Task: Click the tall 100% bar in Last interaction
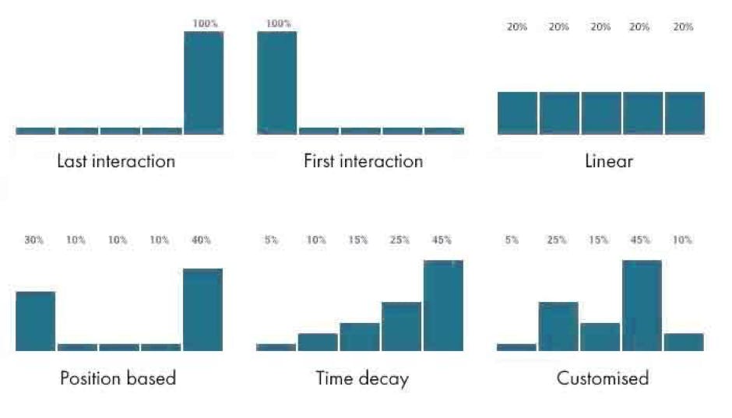(x=203, y=83)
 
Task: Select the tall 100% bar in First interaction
(x=277, y=83)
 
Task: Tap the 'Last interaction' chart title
(x=116, y=162)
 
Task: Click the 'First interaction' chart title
(x=363, y=162)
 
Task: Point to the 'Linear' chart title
(x=608, y=162)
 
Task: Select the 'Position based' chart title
(x=118, y=378)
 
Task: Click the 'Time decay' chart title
(x=362, y=378)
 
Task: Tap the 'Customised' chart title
(x=602, y=378)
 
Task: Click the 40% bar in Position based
(x=202, y=309)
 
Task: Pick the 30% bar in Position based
(x=36, y=321)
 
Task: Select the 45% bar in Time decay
(x=443, y=305)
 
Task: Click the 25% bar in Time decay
(x=401, y=326)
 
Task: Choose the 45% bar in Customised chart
(x=642, y=305)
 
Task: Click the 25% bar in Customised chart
(x=558, y=326)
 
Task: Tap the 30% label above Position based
(x=33, y=241)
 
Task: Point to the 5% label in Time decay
(x=271, y=241)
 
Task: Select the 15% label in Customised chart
(x=600, y=241)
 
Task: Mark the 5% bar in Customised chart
(x=516, y=347)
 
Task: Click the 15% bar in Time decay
(x=360, y=336)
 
